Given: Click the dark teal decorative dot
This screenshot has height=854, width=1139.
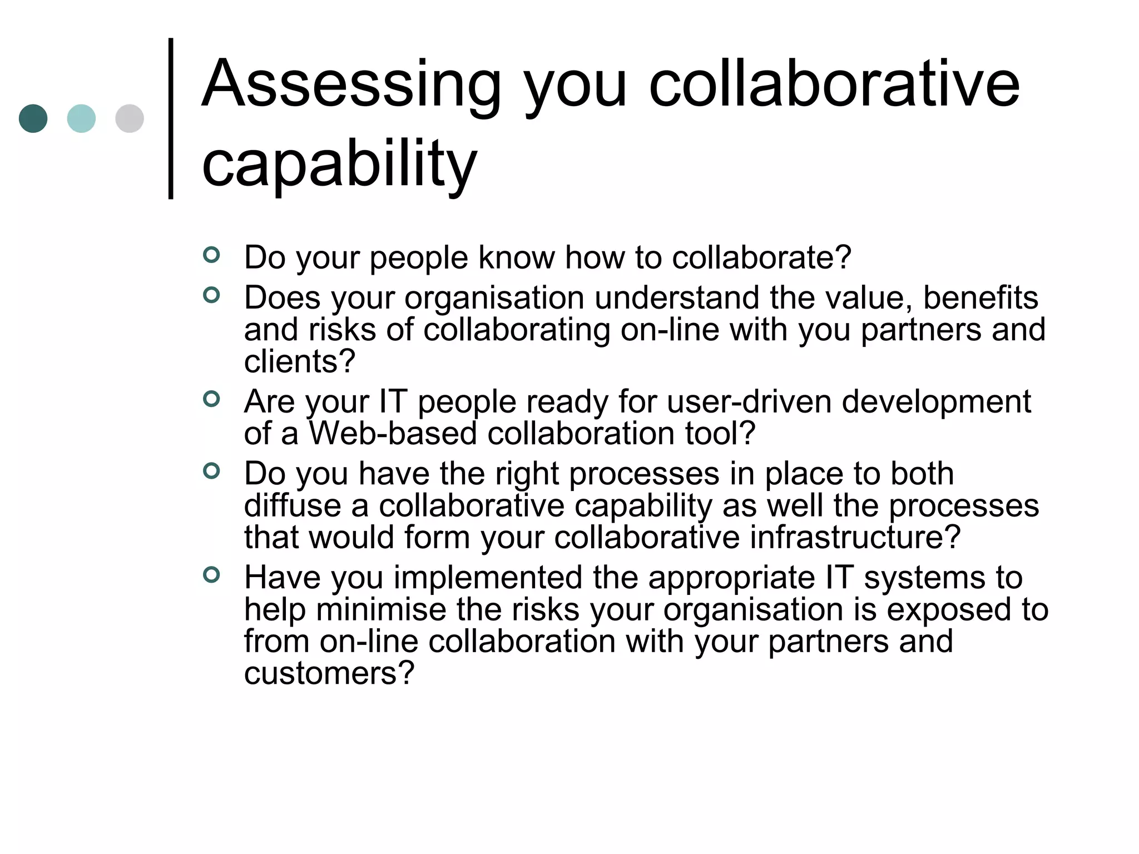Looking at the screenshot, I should tap(33, 118).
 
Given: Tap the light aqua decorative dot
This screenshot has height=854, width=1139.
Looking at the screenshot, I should tap(81, 118).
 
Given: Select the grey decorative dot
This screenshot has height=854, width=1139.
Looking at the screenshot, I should tap(130, 118).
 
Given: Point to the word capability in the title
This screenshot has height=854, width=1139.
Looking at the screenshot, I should tap(339, 164).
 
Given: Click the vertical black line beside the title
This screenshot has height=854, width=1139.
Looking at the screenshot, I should tap(171, 118).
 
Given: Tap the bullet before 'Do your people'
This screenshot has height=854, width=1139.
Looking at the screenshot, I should tap(211, 255).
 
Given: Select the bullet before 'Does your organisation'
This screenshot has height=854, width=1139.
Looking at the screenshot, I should tap(211, 295).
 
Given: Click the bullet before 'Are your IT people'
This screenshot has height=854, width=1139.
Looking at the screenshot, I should tap(211, 399).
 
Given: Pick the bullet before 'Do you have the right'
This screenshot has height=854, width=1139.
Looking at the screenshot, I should tap(211, 471).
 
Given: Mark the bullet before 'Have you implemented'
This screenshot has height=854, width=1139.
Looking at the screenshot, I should tap(211, 574).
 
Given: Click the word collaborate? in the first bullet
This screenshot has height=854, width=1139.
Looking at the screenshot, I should tap(761, 257).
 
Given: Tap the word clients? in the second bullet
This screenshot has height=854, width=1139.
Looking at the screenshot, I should tap(299, 361).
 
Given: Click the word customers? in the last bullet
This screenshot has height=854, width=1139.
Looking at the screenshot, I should tap(329, 673).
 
